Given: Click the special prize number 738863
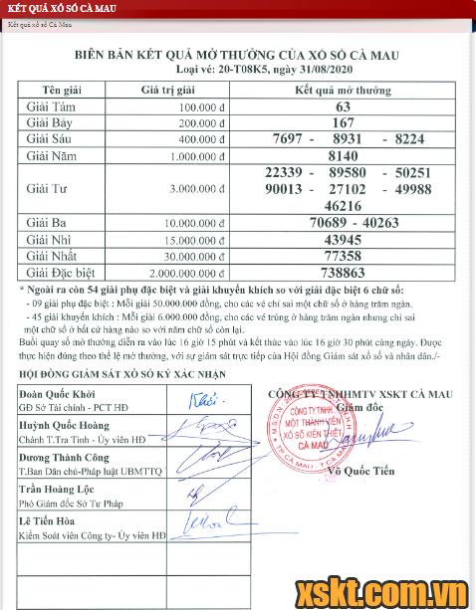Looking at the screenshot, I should click(x=344, y=270).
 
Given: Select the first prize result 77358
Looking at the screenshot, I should click(x=344, y=255).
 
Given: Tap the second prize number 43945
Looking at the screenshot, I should click(x=344, y=240).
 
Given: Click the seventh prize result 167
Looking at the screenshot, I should click(x=344, y=122).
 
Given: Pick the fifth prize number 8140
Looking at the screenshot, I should click(x=344, y=155).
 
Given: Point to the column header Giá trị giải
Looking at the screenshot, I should click(x=159, y=90).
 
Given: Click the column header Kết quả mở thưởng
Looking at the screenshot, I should click(x=344, y=90).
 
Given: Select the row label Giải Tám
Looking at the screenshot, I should click(x=50, y=106).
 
